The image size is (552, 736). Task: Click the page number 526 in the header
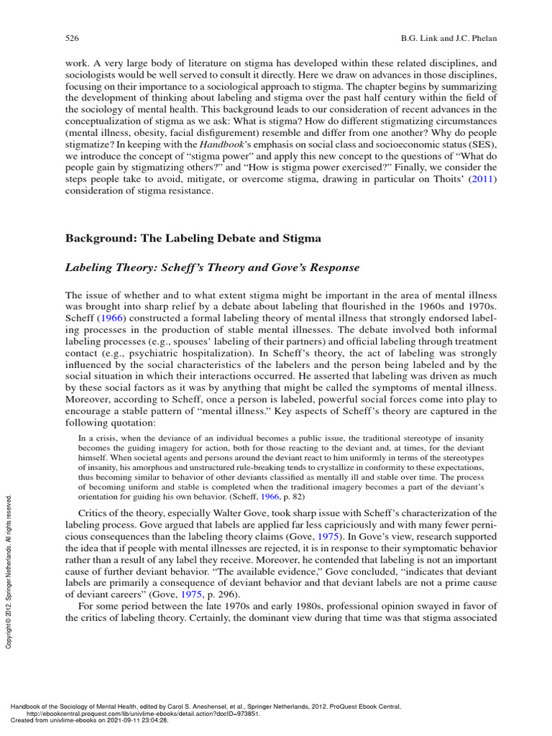point(71,37)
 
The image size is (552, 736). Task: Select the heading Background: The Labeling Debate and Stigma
point(193,238)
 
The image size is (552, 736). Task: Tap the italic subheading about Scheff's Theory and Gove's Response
point(212,267)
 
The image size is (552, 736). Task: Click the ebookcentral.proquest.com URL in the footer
point(144,714)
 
